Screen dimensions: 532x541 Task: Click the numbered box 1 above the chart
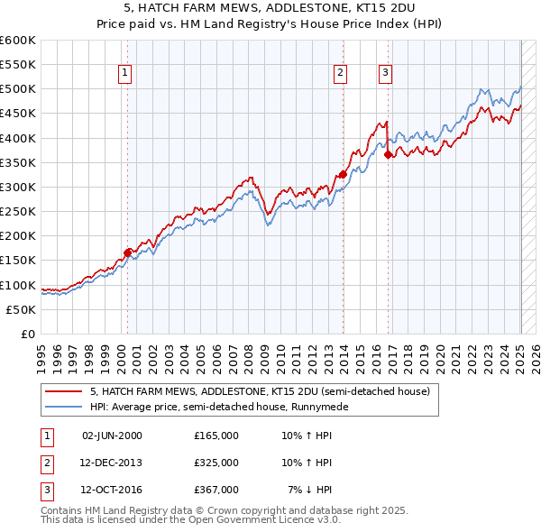point(124,74)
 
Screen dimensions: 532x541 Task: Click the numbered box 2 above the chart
point(341,74)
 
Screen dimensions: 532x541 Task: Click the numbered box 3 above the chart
point(386,74)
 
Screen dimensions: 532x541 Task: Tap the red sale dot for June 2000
point(127,253)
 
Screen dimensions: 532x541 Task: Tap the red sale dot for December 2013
point(343,175)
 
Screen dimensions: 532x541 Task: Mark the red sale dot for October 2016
point(389,154)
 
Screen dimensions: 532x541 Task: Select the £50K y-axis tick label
point(22,309)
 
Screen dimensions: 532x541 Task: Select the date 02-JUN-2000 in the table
point(112,436)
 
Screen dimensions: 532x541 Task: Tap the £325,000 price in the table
point(216,463)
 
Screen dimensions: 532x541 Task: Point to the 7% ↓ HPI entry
point(310,490)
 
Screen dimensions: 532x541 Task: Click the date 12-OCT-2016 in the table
point(112,490)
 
